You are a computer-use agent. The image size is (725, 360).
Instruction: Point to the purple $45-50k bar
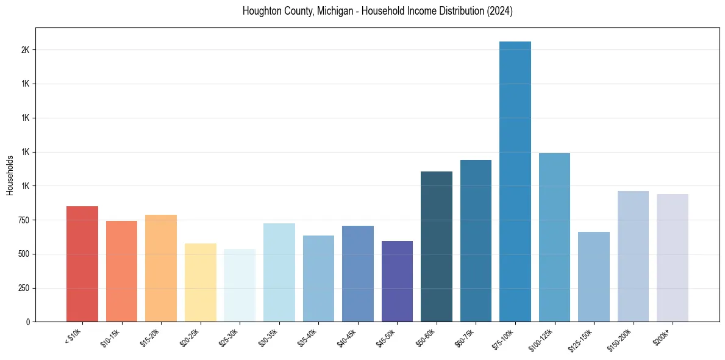[x=397, y=281]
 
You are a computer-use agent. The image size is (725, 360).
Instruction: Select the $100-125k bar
[x=554, y=237]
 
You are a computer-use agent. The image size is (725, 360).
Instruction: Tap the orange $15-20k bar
[x=161, y=268]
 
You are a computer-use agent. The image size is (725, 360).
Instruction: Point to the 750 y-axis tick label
[x=24, y=220]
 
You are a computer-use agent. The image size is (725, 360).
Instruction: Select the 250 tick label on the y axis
[x=24, y=288]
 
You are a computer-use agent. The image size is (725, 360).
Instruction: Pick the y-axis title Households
[x=10, y=175]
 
